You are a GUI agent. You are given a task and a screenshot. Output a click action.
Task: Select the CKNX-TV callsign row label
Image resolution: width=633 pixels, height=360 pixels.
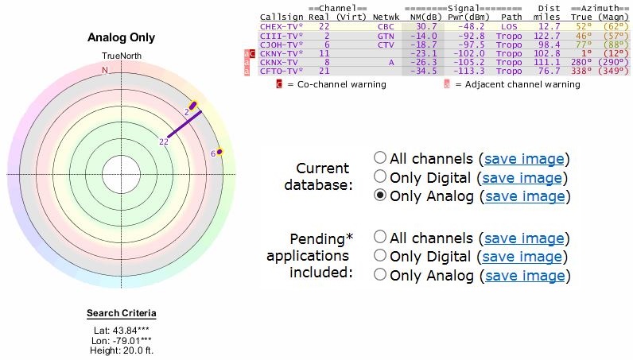pos(279,61)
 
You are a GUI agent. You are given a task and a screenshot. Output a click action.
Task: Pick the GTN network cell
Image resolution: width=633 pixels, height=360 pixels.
pos(386,35)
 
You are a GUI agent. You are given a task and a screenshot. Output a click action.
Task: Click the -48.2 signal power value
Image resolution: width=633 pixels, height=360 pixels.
pos(471,26)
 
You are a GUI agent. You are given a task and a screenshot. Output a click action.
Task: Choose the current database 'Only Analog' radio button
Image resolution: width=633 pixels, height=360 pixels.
pos(381,195)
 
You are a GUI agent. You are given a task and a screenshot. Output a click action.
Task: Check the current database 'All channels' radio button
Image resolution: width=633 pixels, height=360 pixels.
pos(381,158)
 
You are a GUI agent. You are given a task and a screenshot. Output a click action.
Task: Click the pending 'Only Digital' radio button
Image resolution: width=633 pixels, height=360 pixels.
pos(381,256)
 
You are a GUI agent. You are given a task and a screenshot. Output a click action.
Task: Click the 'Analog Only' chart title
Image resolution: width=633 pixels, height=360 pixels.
pos(120,37)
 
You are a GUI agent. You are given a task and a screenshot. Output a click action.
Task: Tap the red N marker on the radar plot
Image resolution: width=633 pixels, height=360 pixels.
pos(104,70)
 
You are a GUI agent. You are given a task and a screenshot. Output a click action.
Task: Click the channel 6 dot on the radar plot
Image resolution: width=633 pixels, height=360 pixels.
pos(219,151)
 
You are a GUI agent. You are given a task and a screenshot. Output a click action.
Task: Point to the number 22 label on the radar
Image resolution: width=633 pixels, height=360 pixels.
pos(164,141)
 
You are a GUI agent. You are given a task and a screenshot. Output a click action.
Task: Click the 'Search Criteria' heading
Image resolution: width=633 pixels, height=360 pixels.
pos(121,313)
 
